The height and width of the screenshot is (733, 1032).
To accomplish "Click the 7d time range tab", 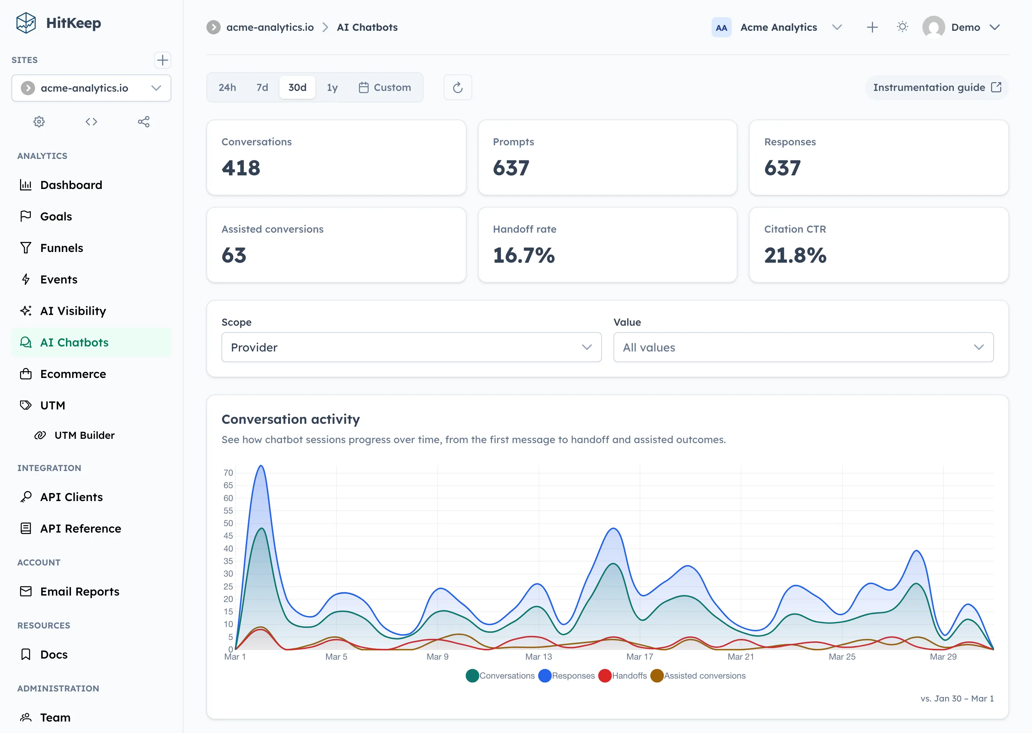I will click(x=262, y=88).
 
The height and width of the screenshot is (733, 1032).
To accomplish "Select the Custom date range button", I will click(x=384, y=88).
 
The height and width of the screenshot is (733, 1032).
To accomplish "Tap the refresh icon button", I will click(x=457, y=88).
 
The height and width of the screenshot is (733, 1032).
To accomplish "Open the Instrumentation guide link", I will click(x=936, y=88).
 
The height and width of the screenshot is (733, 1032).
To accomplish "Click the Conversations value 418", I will click(x=241, y=168).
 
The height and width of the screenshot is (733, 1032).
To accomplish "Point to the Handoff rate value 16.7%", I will click(x=524, y=256).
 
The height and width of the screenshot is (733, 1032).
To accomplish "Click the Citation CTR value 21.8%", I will click(x=795, y=256).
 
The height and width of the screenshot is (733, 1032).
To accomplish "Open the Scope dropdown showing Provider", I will click(x=411, y=347).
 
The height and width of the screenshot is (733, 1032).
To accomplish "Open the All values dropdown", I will click(x=803, y=347).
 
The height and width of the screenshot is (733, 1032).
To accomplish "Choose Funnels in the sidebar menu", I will click(x=61, y=248).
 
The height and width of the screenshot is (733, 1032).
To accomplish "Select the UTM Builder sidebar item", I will click(x=84, y=435).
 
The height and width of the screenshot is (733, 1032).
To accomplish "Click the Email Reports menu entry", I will click(x=80, y=591).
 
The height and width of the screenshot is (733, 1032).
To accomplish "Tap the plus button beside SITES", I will click(x=162, y=60).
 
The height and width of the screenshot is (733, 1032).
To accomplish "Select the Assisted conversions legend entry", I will click(x=698, y=676).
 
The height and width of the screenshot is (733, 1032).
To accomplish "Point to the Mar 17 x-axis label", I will click(x=639, y=657).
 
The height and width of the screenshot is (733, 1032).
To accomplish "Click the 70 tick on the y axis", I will click(x=228, y=472).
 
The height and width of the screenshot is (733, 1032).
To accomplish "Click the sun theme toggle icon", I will click(x=902, y=27).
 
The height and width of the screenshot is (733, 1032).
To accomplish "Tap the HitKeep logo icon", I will click(x=26, y=23).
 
